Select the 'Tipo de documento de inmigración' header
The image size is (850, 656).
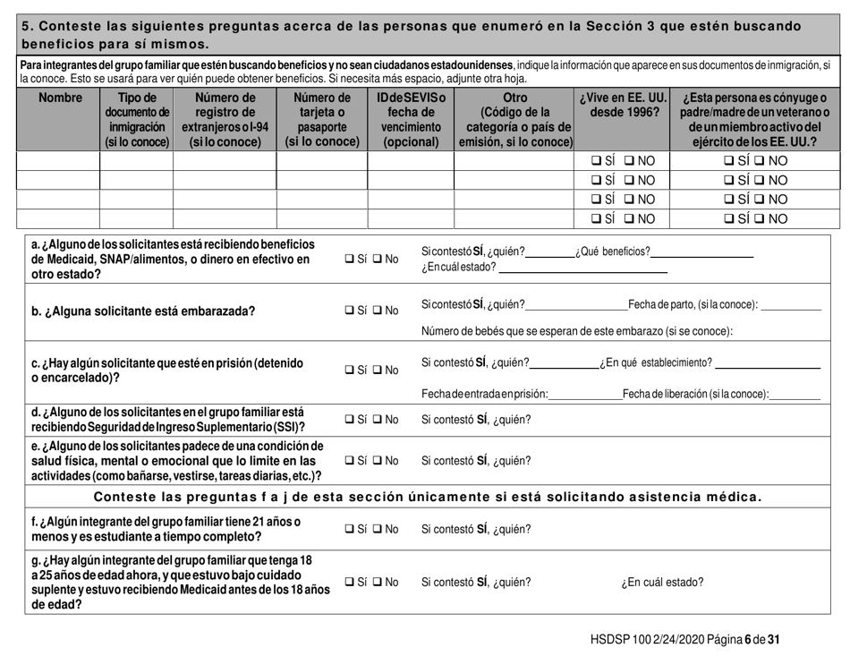click(136, 119)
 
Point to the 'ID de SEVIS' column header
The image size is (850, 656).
click(410, 119)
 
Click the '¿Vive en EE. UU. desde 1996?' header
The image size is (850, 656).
click(624, 105)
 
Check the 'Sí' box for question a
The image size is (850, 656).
click(350, 260)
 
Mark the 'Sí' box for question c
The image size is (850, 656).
click(350, 370)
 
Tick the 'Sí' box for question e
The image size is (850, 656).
click(350, 461)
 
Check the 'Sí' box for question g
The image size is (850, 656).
click(350, 581)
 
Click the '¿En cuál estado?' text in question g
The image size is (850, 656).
click(661, 582)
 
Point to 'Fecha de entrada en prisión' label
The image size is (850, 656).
click(484, 395)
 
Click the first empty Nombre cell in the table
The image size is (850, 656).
click(58, 161)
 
